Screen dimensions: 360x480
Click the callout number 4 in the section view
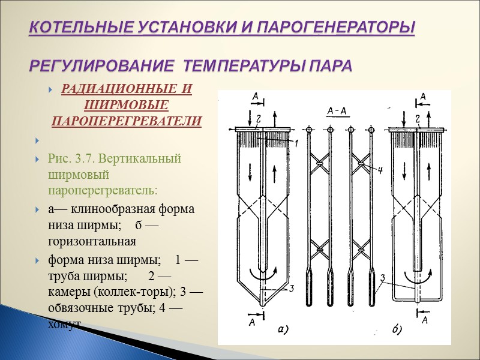pyautogui.click(x=379, y=170)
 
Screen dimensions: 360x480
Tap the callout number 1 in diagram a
pyautogui.click(x=295, y=143)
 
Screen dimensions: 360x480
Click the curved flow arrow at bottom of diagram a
pyautogui.click(x=264, y=278)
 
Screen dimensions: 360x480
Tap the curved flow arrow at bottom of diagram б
pyautogui.click(x=417, y=278)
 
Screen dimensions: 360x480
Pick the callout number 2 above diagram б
pyautogui.click(x=416, y=119)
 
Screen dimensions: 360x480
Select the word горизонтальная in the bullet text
pyautogui.click(x=92, y=241)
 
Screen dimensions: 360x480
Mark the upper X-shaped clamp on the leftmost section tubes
pyautogui.click(x=320, y=161)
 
